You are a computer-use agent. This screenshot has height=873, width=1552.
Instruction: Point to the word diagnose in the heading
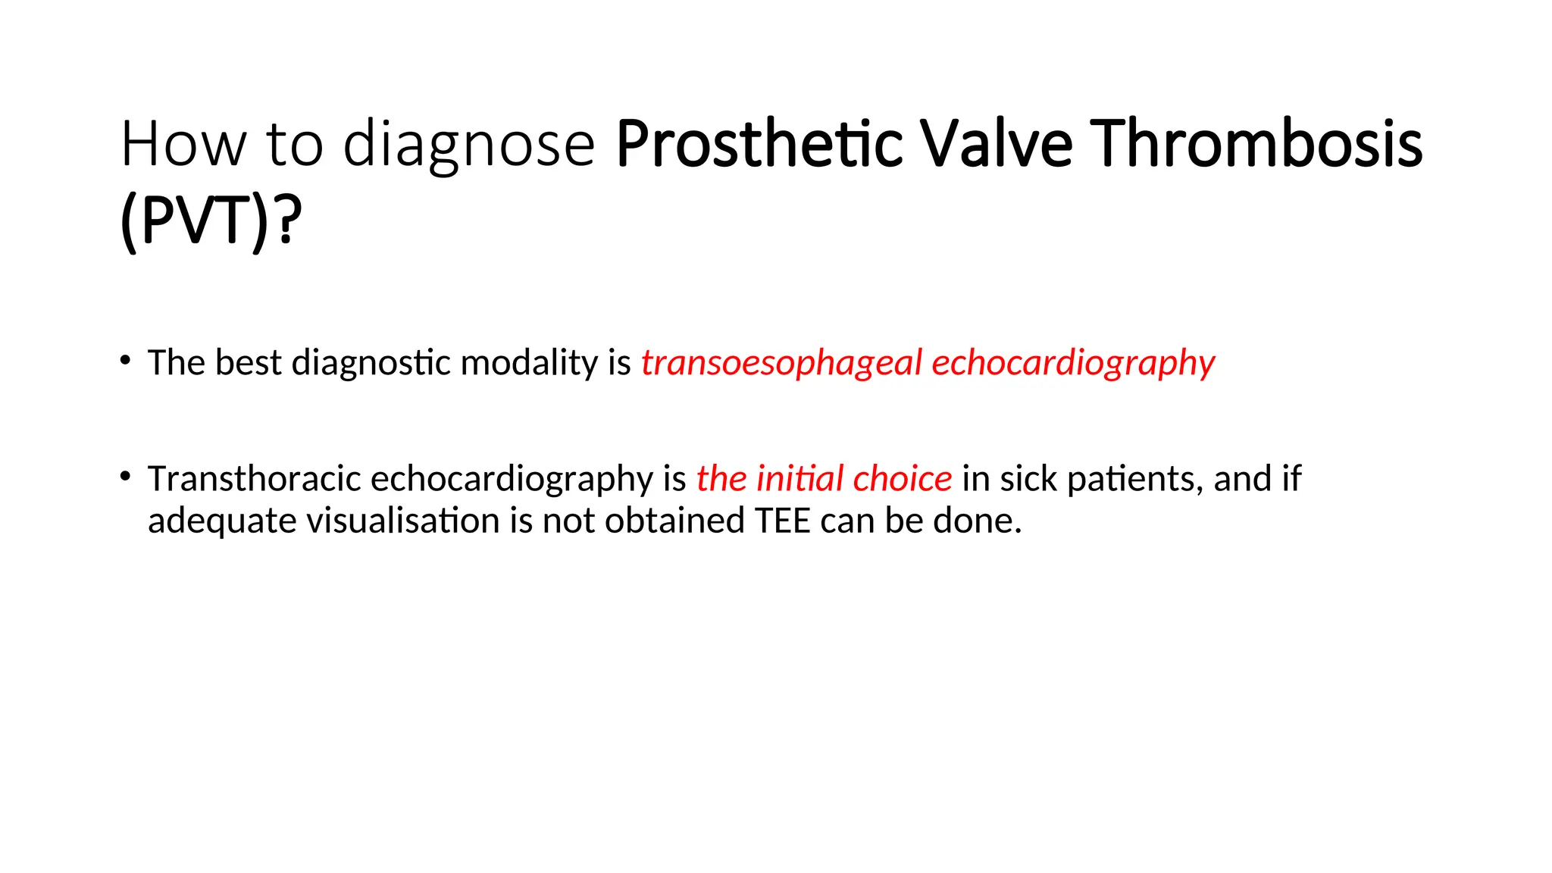click(x=469, y=144)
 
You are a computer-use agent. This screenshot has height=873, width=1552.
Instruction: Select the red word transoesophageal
click(x=781, y=363)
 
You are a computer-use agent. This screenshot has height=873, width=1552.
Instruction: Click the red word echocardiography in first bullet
click(x=1073, y=363)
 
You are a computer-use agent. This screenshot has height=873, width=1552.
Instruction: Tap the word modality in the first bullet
click(x=529, y=362)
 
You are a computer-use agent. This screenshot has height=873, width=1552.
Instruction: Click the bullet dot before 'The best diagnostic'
click(x=126, y=359)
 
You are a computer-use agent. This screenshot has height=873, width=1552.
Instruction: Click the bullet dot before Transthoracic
click(x=126, y=476)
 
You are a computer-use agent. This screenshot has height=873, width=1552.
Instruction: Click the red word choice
click(x=902, y=479)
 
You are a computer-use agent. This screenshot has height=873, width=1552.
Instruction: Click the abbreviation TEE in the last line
click(x=783, y=521)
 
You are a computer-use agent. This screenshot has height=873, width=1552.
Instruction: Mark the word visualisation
click(x=402, y=521)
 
